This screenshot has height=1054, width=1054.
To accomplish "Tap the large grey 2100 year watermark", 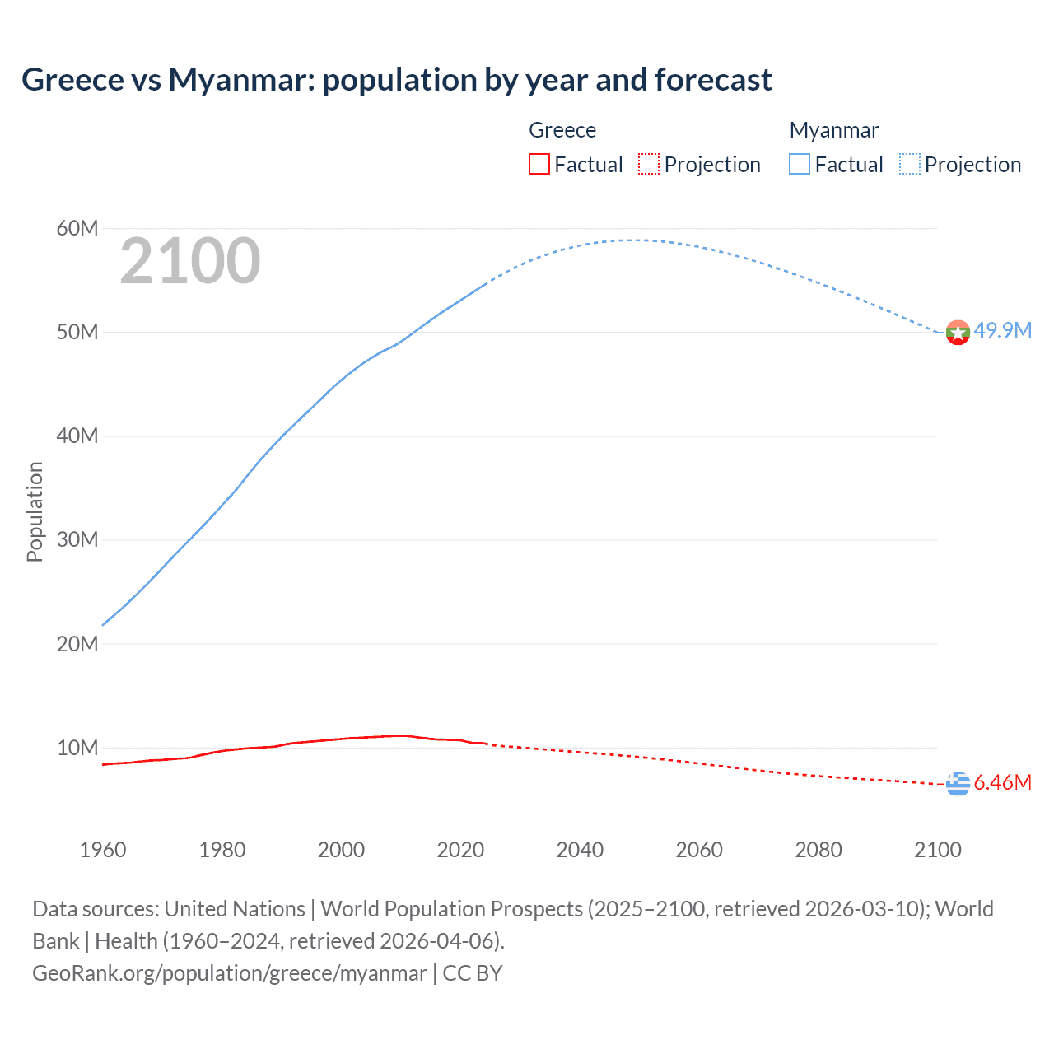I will (190, 261).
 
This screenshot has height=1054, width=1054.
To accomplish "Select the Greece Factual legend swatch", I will (539, 165).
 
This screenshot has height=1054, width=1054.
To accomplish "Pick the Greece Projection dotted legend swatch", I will (649, 165).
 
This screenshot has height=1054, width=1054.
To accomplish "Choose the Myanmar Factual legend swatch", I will (800, 165).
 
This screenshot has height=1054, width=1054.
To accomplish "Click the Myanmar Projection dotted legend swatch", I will (910, 165).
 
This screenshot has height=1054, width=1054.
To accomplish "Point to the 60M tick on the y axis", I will (77, 228).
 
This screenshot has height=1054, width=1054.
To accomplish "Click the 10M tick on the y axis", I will (77, 748).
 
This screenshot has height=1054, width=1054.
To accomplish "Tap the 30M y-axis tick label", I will (77, 540).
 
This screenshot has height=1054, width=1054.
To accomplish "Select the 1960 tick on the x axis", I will (103, 850).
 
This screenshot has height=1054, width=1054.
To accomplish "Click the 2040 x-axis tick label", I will (580, 850).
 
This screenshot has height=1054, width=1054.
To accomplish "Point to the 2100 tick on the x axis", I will (937, 850).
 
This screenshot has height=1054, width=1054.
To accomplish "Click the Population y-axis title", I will (35, 511).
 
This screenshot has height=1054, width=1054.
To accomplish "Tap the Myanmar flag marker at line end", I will (958, 333).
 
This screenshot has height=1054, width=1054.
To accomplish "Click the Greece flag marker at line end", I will (958, 784).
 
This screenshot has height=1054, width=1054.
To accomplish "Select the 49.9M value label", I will (1002, 330).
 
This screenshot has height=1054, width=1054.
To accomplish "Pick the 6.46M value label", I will (1002, 782).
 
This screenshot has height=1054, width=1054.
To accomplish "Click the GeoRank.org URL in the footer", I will (229, 973).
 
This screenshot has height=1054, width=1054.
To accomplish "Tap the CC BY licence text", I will (473, 973).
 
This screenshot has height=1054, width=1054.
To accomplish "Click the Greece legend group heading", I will (562, 130).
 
